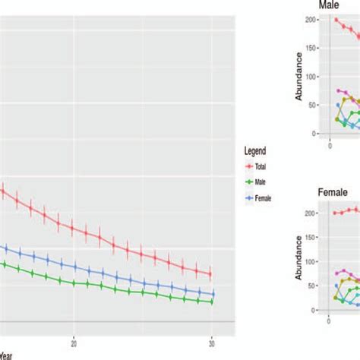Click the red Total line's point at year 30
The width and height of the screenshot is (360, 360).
210,274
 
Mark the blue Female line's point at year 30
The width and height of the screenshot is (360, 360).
212,294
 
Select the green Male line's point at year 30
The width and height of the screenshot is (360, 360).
210,302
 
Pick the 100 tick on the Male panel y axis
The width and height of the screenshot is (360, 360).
312,77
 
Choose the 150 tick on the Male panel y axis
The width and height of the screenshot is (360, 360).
312,49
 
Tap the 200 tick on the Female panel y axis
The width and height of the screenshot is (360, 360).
312,213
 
